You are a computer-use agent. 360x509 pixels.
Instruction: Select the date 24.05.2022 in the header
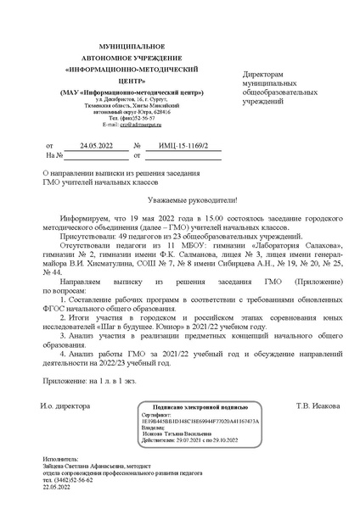click(96, 146)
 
